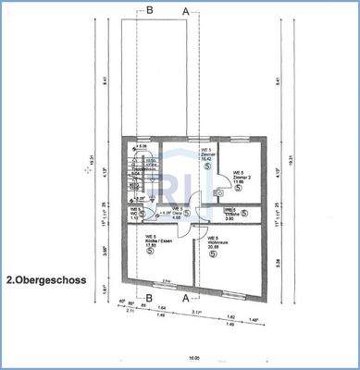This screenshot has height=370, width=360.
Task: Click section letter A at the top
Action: tap(185, 10)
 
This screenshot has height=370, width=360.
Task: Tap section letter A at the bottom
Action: tap(186, 298)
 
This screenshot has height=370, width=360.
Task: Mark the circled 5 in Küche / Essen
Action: tap(151, 256)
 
